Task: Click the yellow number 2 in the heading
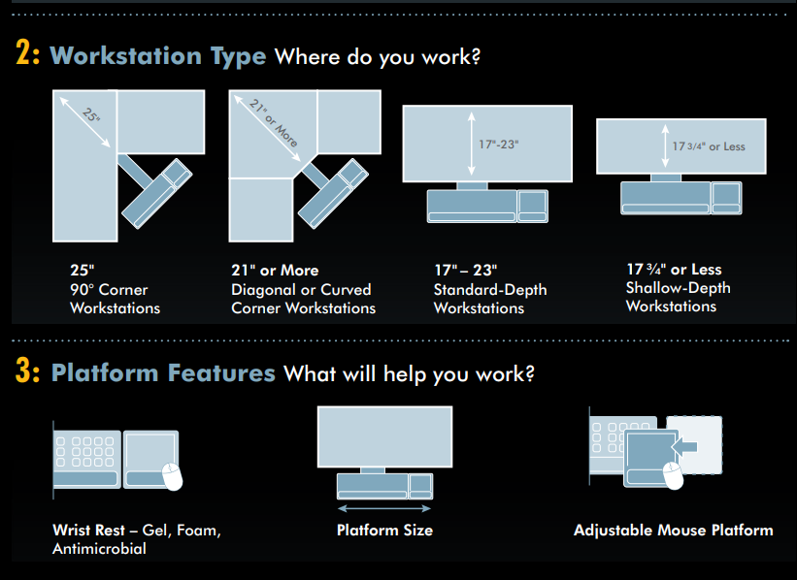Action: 23,52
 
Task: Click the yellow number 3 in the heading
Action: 23,370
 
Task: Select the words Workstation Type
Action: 158,56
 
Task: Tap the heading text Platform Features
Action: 163,372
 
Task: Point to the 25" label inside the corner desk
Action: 91,115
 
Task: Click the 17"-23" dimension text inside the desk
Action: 499,145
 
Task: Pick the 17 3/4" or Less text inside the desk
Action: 709,146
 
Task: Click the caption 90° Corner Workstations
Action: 115,299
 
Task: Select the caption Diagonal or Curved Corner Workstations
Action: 304,299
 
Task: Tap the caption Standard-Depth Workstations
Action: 490,299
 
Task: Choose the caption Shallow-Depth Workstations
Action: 678,297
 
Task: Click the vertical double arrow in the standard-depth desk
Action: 472,144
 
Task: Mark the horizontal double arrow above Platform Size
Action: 384,508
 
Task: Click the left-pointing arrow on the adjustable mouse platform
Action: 684,446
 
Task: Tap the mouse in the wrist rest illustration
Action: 172,477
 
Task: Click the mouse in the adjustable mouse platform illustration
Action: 674,475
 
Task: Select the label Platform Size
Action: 384,531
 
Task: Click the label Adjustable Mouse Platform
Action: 674,531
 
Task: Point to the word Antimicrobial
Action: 99,549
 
